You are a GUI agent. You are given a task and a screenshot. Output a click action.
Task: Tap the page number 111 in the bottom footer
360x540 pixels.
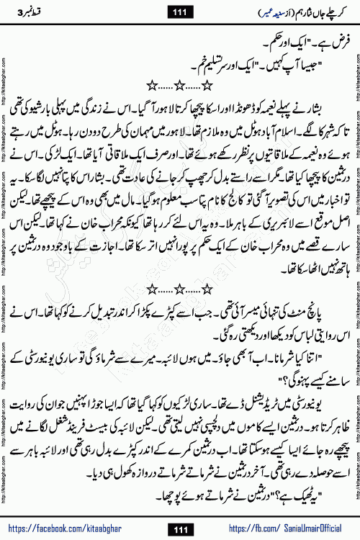179,530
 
